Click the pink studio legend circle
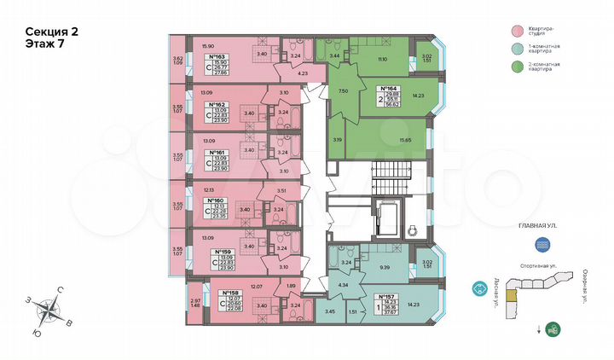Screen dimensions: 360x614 [x=516, y=30]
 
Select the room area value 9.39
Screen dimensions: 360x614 [x=385, y=267]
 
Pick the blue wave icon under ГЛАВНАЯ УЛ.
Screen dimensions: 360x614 [x=542, y=244]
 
